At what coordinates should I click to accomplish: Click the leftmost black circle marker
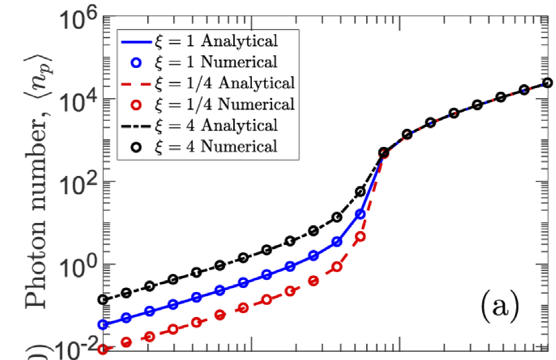pos(103,300)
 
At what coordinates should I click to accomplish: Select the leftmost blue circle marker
pos(103,325)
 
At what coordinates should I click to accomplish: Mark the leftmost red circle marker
pos(103,349)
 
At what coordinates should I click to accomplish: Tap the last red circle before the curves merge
pos(360,236)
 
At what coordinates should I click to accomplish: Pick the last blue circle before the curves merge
pos(360,214)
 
